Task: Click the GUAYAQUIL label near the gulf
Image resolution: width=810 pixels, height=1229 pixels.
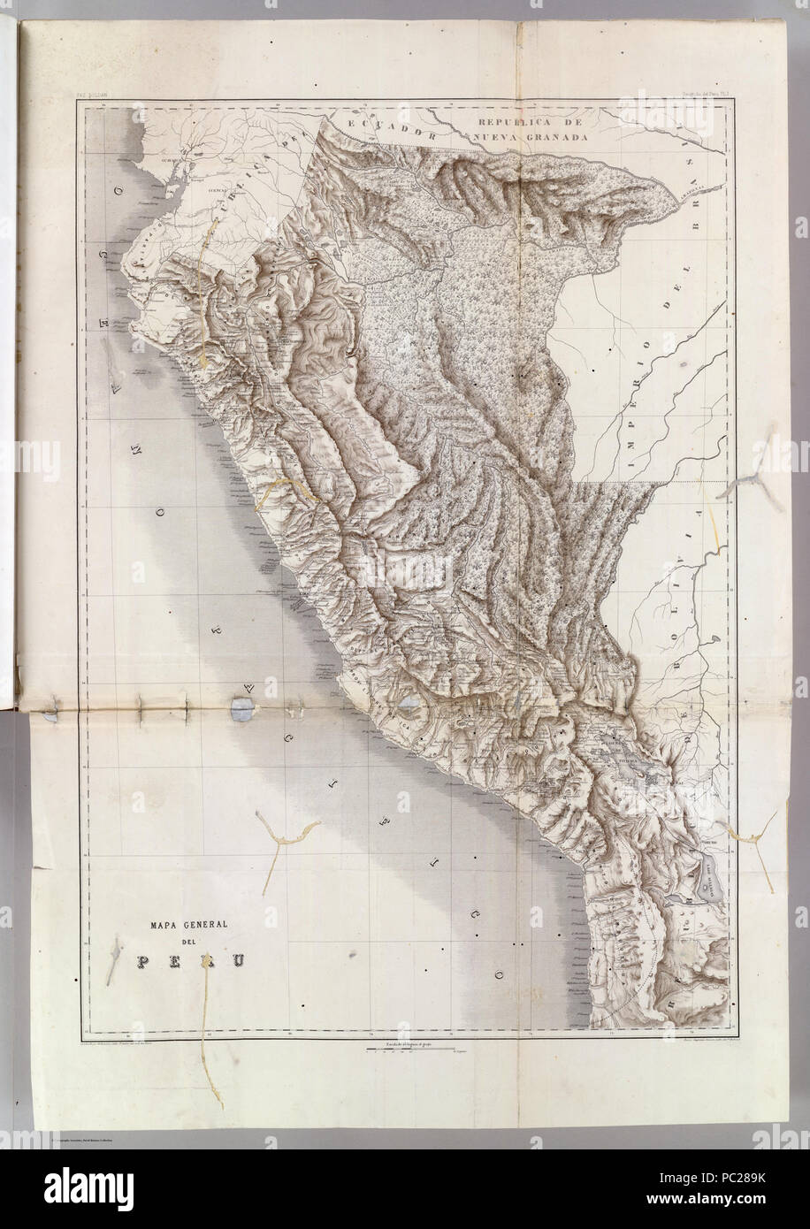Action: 149,162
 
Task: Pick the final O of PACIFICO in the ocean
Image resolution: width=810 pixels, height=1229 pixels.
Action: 500,975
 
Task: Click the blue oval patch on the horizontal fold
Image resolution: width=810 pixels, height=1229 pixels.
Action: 239,707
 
